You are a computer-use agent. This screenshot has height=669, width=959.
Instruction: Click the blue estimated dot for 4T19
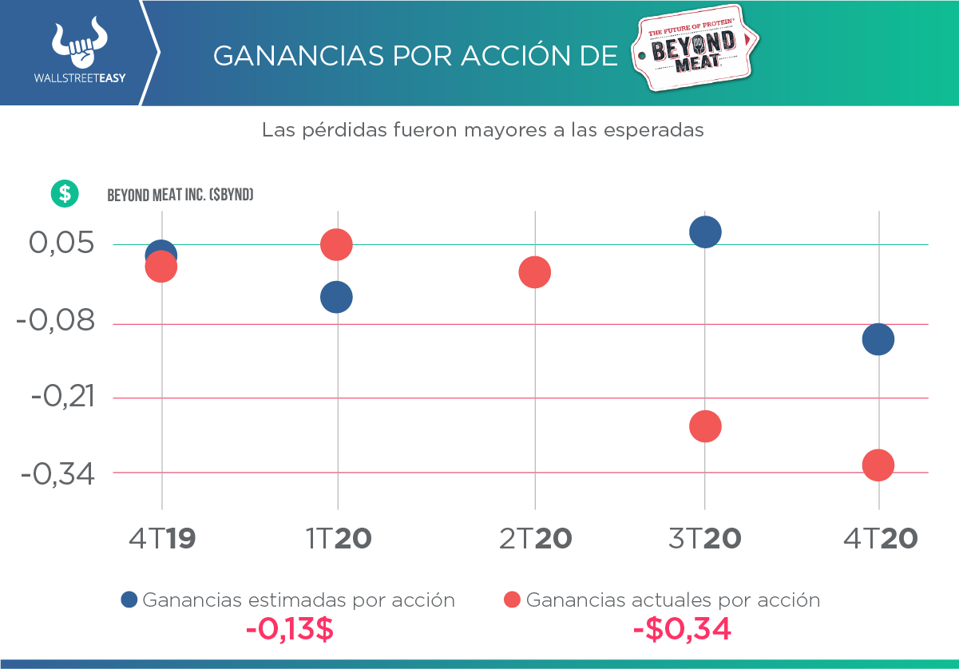[161, 251]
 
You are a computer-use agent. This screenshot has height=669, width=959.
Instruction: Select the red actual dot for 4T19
[161, 267]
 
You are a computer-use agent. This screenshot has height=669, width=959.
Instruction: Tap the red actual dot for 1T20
[336, 244]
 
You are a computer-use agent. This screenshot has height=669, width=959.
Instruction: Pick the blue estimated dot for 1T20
[336, 297]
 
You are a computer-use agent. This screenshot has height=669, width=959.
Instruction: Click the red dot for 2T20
[534, 272]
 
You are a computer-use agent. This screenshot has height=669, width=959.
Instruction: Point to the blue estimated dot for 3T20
[705, 232]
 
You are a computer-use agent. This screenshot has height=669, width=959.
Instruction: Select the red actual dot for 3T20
[705, 426]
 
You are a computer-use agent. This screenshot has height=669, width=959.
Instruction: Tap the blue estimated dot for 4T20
[878, 339]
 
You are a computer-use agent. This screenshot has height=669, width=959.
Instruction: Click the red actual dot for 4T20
[878, 465]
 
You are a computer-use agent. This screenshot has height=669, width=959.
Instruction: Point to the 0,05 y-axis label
[61, 243]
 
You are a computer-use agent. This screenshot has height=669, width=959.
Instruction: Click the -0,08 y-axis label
[54, 323]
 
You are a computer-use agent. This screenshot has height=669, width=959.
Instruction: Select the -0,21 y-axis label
[61, 396]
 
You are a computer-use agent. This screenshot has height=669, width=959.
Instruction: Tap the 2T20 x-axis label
[536, 540]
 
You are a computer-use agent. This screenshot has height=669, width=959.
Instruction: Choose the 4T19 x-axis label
[163, 540]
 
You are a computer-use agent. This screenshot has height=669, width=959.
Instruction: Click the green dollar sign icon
[65, 193]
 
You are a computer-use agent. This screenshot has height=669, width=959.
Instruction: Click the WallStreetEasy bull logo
[79, 46]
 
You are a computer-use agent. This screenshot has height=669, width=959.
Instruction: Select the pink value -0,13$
[289, 630]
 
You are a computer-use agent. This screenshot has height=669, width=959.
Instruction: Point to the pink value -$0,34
[681, 630]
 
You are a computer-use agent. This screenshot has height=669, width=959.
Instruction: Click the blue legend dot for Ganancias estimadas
[129, 600]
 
